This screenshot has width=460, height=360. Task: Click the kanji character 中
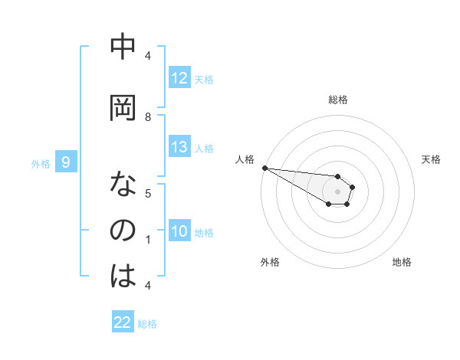[x=123, y=47]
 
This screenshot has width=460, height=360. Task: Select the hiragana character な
[x=123, y=185]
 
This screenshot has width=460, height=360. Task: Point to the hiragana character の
[x=123, y=231]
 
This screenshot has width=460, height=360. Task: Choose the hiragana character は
[x=123, y=276]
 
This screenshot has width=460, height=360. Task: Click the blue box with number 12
[x=179, y=78]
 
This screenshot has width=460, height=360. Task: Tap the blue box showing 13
[x=179, y=147]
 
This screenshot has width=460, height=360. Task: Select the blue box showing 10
[x=179, y=231]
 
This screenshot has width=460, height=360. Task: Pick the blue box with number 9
[x=66, y=162]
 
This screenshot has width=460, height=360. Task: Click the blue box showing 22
[x=123, y=322]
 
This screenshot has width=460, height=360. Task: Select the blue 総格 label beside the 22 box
[x=147, y=324]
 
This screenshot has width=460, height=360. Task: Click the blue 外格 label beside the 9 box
[x=40, y=163]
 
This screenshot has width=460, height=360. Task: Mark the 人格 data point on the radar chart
[x=264, y=167]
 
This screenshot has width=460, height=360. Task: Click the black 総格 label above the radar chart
[x=337, y=100]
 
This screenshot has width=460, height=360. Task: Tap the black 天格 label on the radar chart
[x=431, y=159]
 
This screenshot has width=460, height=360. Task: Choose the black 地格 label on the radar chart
[x=402, y=262]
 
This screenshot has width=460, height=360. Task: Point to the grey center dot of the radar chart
[x=337, y=191]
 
